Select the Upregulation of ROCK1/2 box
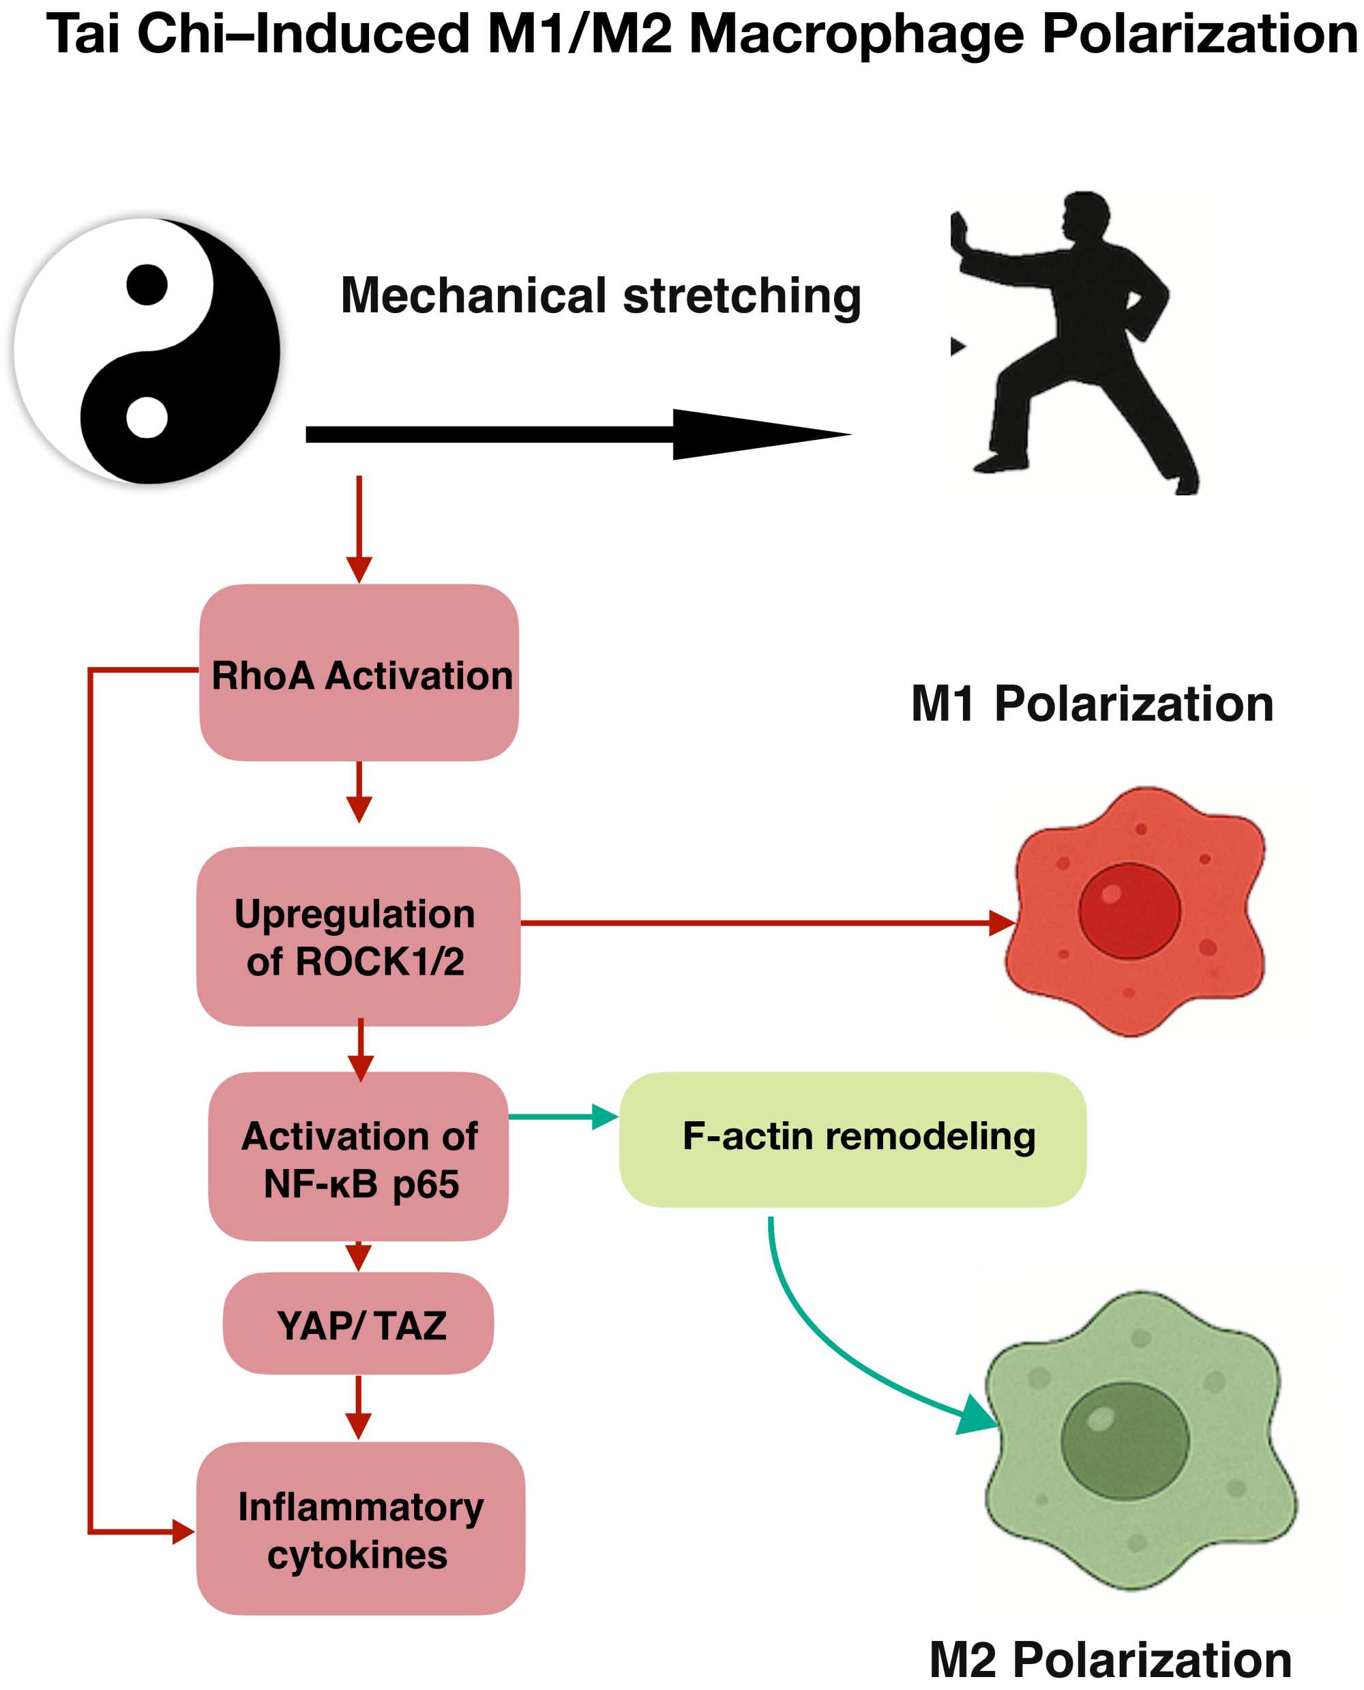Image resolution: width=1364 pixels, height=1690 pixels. click(x=358, y=936)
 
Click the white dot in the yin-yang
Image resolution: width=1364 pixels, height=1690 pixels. click(x=147, y=417)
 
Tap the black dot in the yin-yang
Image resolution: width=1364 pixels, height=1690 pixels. click(x=147, y=284)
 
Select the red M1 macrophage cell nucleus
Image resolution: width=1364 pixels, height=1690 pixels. click(x=1129, y=910)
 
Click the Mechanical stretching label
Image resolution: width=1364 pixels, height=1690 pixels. click(x=600, y=296)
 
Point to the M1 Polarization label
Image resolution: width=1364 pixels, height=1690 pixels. click(x=1091, y=703)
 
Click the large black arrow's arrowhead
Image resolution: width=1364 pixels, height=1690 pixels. click(x=754, y=434)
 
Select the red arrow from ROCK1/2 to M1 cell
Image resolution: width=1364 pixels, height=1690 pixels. click(x=754, y=923)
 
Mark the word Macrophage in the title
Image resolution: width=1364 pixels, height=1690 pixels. click(x=857, y=35)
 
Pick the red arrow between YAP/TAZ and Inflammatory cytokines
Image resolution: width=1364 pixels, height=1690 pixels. click(x=358, y=1406)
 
